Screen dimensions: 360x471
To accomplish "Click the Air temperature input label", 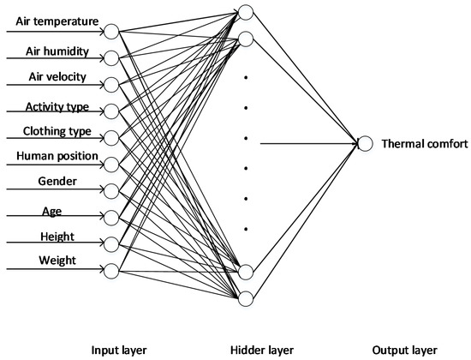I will [57, 21].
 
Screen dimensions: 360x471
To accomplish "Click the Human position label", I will [56, 158].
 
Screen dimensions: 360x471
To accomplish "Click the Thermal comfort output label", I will [416, 143].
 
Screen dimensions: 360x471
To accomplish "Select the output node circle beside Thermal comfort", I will [366, 144].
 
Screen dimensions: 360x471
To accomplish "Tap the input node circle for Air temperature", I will [110, 32].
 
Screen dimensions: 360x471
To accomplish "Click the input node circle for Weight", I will [110, 271].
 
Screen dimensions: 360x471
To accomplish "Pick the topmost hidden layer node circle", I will [246, 13].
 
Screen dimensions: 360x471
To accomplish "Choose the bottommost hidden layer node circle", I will [246, 297].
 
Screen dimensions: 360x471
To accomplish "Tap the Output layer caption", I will [404, 350].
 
